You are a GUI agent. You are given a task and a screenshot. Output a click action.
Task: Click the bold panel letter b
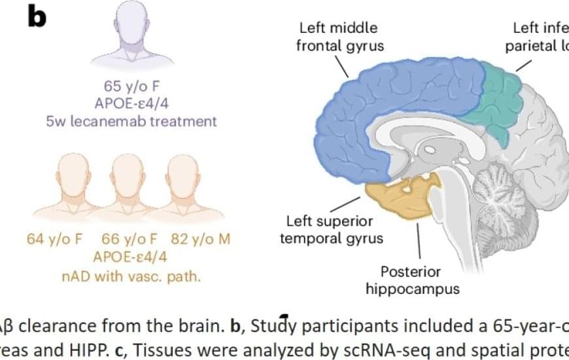click(37, 16)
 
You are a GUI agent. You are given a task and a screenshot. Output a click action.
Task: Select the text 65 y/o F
click(136, 85)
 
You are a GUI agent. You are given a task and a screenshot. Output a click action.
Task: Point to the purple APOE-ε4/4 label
click(136, 103)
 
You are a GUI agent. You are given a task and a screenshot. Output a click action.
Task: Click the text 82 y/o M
click(201, 239)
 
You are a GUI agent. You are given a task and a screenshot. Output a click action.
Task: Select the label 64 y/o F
click(60, 239)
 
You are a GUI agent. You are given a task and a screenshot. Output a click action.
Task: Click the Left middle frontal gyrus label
click(340, 37)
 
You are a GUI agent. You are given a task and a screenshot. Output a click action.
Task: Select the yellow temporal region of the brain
click(399, 196)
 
